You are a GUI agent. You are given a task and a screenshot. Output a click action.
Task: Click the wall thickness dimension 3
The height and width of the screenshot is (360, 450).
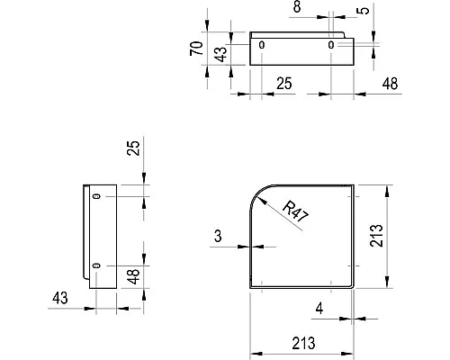click(x=218, y=237)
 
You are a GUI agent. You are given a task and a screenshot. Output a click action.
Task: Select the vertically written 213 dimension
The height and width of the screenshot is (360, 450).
click(x=404, y=237)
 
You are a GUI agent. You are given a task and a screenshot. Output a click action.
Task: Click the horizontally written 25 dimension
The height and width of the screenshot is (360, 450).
click(x=283, y=84)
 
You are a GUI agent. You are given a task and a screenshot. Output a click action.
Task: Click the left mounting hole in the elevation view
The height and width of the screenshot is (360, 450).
click(x=262, y=44)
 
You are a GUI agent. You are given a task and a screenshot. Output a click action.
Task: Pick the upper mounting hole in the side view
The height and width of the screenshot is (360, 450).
click(x=96, y=195)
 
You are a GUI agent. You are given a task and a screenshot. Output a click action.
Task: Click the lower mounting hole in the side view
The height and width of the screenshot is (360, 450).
click(x=96, y=265)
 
